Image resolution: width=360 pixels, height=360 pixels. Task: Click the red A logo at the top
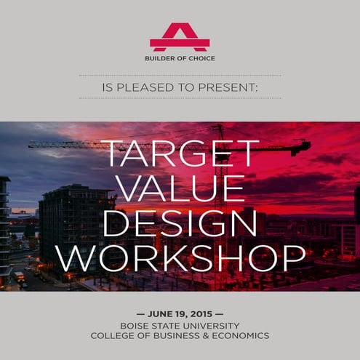pyautogui.click(x=180, y=36)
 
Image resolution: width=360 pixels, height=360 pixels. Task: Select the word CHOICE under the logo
pyautogui.click(x=201, y=58)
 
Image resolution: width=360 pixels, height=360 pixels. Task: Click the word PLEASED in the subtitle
pyautogui.click(x=149, y=88)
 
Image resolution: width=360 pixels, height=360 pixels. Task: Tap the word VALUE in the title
pyautogui.click(x=180, y=189)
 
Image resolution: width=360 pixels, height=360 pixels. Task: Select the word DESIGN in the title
pyautogui.click(x=180, y=223)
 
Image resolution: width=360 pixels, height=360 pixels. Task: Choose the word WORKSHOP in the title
pyautogui.click(x=180, y=257)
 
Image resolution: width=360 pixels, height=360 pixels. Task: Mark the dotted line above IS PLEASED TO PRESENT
pyautogui.click(x=180, y=75)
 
